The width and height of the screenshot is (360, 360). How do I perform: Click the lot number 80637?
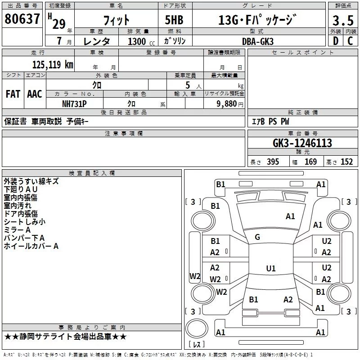point(22,19)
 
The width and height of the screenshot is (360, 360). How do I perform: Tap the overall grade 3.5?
point(340,20)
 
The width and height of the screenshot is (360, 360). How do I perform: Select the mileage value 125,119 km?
point(53,65)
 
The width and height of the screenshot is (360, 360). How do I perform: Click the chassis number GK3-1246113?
point(302,143)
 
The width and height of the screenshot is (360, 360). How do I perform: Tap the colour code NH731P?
point(75,103)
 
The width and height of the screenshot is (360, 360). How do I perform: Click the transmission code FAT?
point(13,94)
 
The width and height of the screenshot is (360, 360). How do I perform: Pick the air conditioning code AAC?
point(35,94)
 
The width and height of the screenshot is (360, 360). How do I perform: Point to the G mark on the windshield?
point(257,237)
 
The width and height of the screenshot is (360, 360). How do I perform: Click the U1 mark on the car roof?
point(270,269)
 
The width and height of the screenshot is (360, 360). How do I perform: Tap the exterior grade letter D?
point(335,41)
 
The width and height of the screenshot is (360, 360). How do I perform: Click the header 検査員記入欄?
point(92,173)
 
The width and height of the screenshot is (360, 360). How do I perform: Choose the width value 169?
point(311,162)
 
